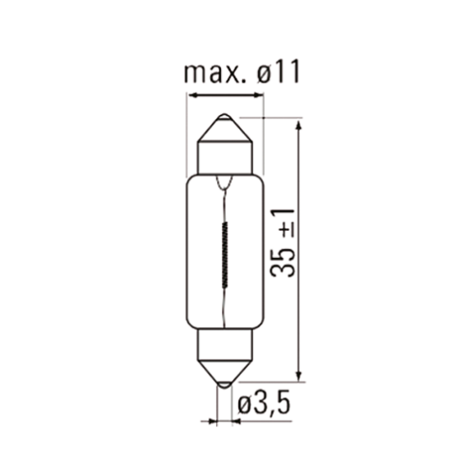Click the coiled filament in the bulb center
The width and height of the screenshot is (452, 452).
(x=225, y=254)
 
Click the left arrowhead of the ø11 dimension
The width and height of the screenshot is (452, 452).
(x=193, y=96)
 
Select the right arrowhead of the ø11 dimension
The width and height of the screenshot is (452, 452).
(x=258, y=96)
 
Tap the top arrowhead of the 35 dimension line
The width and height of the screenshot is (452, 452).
(x=297, y=123)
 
